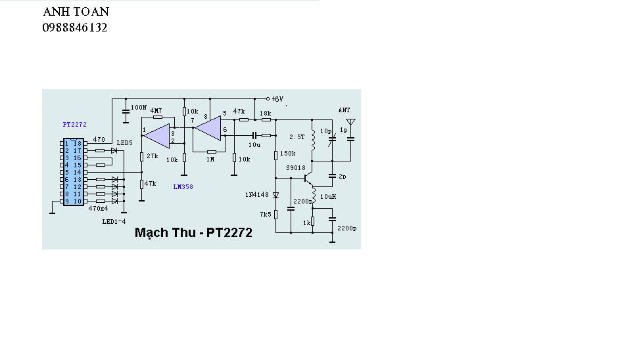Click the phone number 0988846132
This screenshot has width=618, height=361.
pyautogui.click(x=75, y=28)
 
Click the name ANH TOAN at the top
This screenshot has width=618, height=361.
pyautogui.click(x=76, y=12)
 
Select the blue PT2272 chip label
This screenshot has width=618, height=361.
pyautogui.click(x=74, y=125)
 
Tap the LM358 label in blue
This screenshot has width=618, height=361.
pyautogui.click(x=183, y=186)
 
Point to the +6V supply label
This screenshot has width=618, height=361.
pyautogui.click(x=277, y=99)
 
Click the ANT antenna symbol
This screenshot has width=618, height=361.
pyautogui.click(x=350, y=122)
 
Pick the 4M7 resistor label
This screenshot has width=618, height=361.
pyautogui.click(x=156, y=111)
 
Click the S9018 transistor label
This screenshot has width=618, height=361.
pyautogui.click(x=296, y=168)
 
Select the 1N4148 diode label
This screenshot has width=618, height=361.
pyautogui.click(x=257, y=194)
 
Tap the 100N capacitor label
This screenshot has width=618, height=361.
pyautogui.click(x=139, y=107)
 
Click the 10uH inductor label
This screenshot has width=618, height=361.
pyautogui.click(x=328, y=196)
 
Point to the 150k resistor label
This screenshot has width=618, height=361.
pyautogui.click(x=287, y=154)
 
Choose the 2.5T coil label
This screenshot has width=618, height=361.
pyautogui.click(x=297, y=137)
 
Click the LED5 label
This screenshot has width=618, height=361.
pyautogui.click(x=124, y=143)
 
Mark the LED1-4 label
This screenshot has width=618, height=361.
pyautogui.click(x=114, y=222)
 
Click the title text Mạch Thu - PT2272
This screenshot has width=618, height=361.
pyautogui.click(x=193, y=232)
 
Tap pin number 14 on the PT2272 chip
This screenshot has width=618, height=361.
pyautogui.click(x=78, y=173)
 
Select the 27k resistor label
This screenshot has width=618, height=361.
pyautogui.click(x=152, y=156)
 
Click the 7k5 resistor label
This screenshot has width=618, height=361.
pyautogui.click(x=266, y=215)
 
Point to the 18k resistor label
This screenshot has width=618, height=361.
pyautogui.click(x=265, y=114)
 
